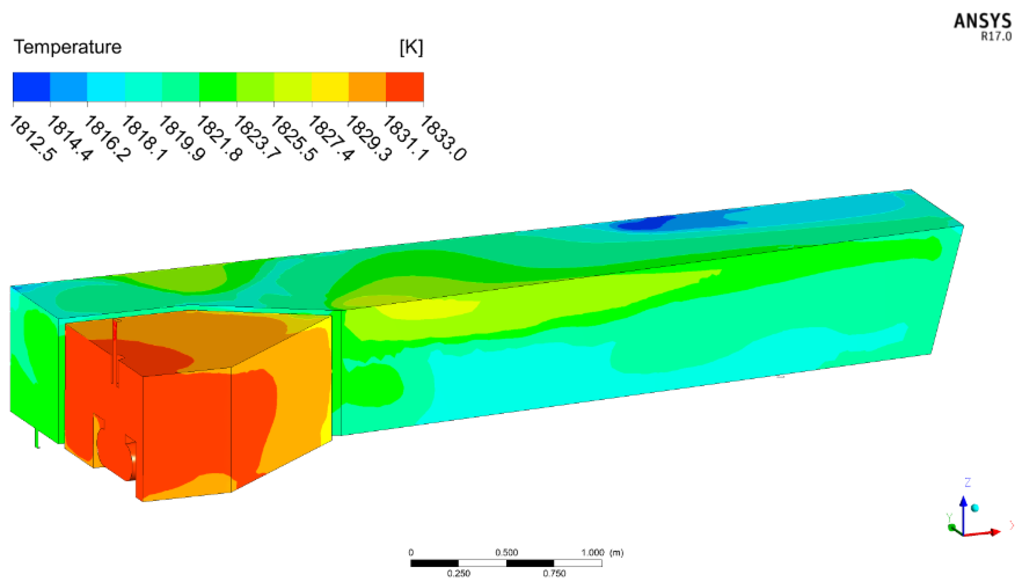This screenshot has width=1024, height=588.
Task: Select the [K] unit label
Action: click(x=411, y=48)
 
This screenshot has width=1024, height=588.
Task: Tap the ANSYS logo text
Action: click(x=982, y=21)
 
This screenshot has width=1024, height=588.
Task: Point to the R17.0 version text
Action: click(x=996, y=36)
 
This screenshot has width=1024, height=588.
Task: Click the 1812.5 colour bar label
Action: click(x=33, y=138)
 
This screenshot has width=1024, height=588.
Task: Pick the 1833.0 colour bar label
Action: click(x=443, y=138)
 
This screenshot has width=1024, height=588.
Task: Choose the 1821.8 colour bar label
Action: click(x=220, y=138)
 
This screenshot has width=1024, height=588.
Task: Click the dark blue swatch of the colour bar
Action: click(x=31, y=87)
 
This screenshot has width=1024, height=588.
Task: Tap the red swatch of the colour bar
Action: click(x=405, y=87)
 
